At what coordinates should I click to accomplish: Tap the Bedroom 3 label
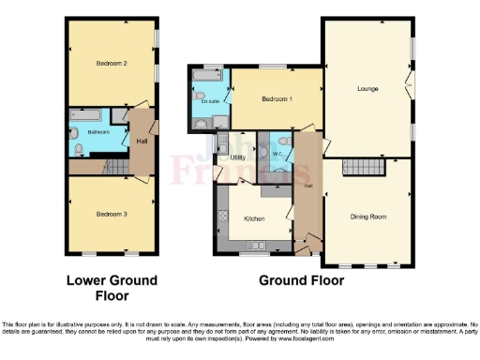click(x=111, y=214)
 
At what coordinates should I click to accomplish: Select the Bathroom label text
click(x=98, y=132)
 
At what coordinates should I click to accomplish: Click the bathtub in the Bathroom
click(x=90, y=115)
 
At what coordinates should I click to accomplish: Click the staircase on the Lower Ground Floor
click(x=112, y=167)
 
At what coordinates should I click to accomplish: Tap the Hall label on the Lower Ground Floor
click(x=142, y=141)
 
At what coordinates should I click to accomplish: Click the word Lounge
click(x=366, y=89)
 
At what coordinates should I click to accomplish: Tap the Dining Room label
click(x=368, y=216)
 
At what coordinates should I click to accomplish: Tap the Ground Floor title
click(x=301, y=279)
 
